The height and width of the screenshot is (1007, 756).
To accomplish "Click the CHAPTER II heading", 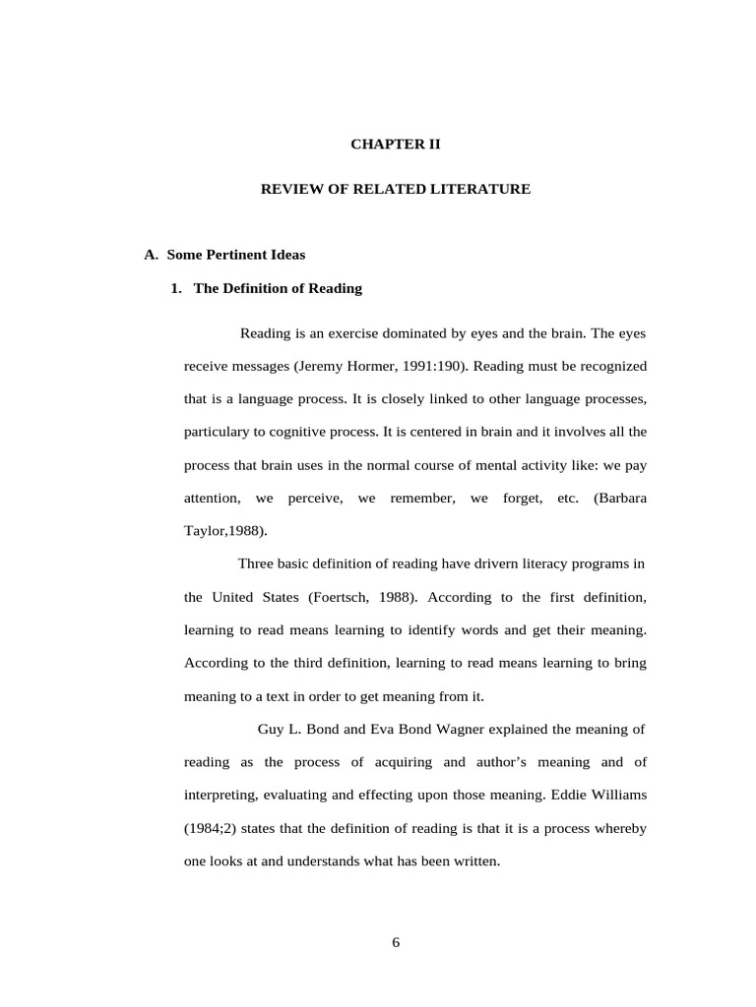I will click(396, 144).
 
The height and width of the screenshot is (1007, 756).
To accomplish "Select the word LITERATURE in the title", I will click(480, 189).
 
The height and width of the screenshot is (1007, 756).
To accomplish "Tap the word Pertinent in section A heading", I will click(234, 255).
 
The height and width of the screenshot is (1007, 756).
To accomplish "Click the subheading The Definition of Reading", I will click(278, 288).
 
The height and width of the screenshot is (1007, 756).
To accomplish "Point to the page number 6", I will click(396, 942).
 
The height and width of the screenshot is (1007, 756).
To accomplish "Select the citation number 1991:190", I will click(429, 366).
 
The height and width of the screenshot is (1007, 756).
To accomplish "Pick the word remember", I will click(422, 499).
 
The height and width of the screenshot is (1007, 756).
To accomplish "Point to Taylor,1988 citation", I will click(223, 531).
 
